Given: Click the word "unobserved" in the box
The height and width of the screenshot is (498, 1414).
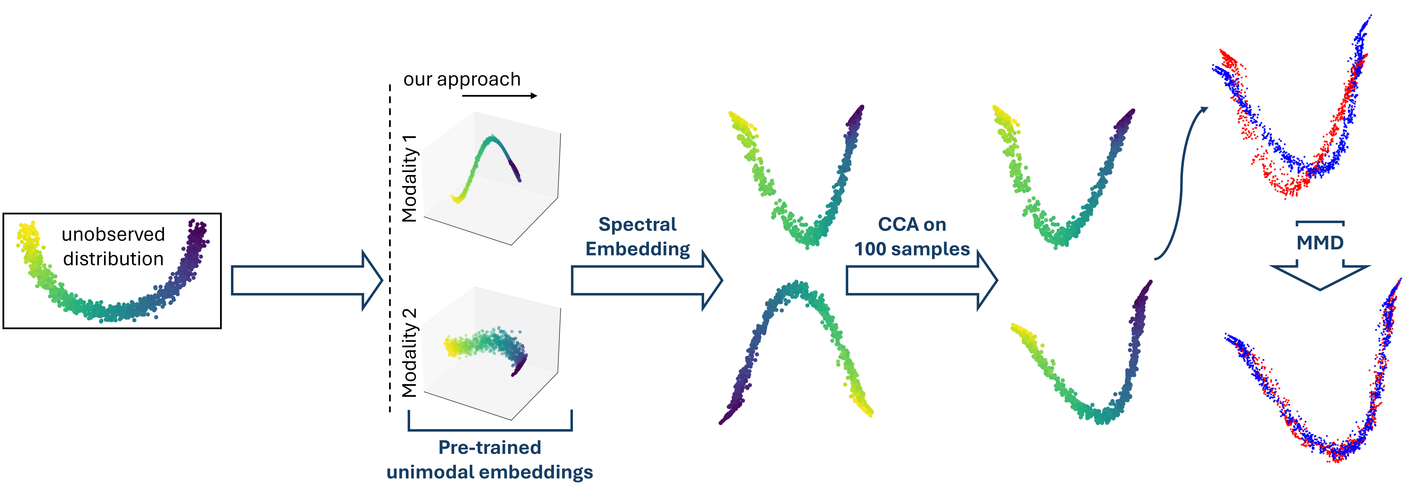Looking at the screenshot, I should coord(113,234).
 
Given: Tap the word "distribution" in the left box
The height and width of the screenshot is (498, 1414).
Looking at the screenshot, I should coord(113,259).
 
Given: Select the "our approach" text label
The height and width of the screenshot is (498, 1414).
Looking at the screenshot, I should coord(462,80).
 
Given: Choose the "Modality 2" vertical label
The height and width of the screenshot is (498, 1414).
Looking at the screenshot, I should coord(409,353).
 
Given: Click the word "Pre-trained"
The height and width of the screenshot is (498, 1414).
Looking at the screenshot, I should coord(490,447).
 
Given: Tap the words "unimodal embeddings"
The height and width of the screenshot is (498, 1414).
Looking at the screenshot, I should coord(490,472).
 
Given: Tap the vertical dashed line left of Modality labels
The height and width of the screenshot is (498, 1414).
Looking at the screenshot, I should coord(390,247).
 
